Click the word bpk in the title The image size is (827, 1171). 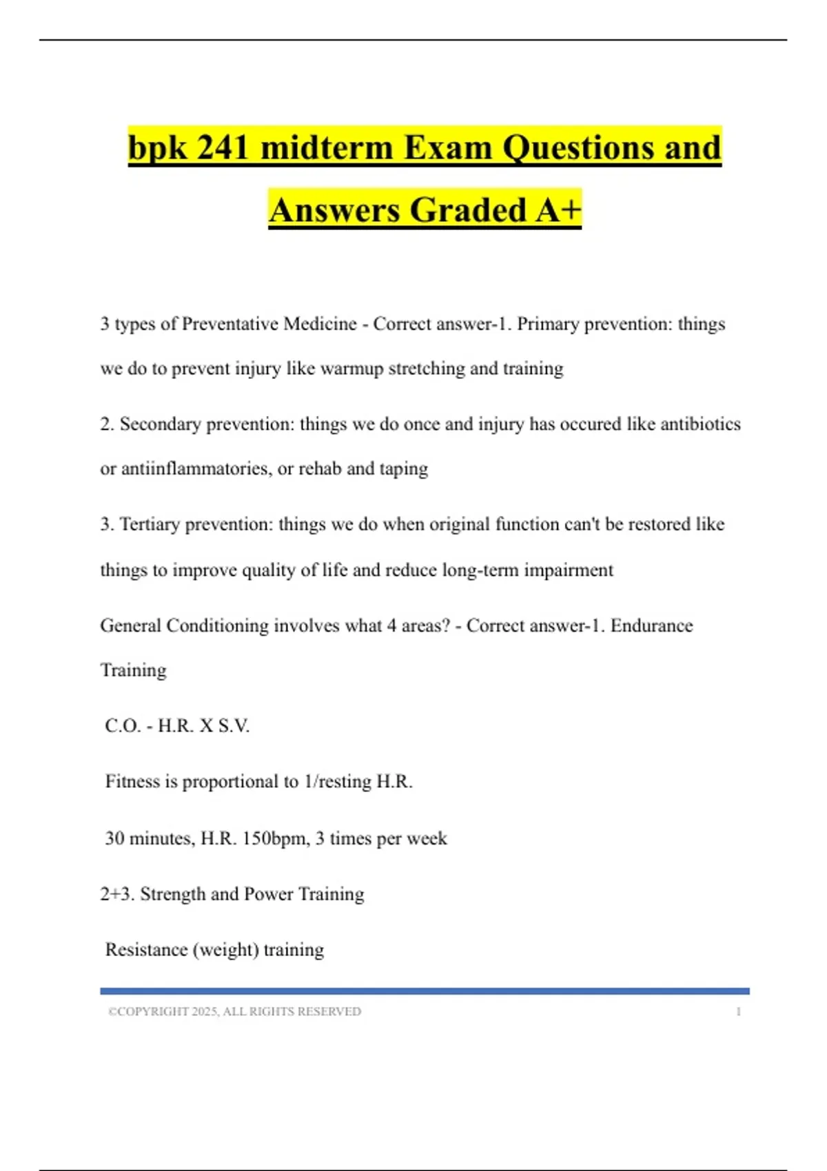point(156,148)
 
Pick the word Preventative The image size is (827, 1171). point(230,324)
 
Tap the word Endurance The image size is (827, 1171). point(651,625)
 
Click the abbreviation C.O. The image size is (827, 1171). point(123,726)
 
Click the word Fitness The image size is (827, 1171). point(132,782)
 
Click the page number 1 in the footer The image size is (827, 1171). point(738,1012)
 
